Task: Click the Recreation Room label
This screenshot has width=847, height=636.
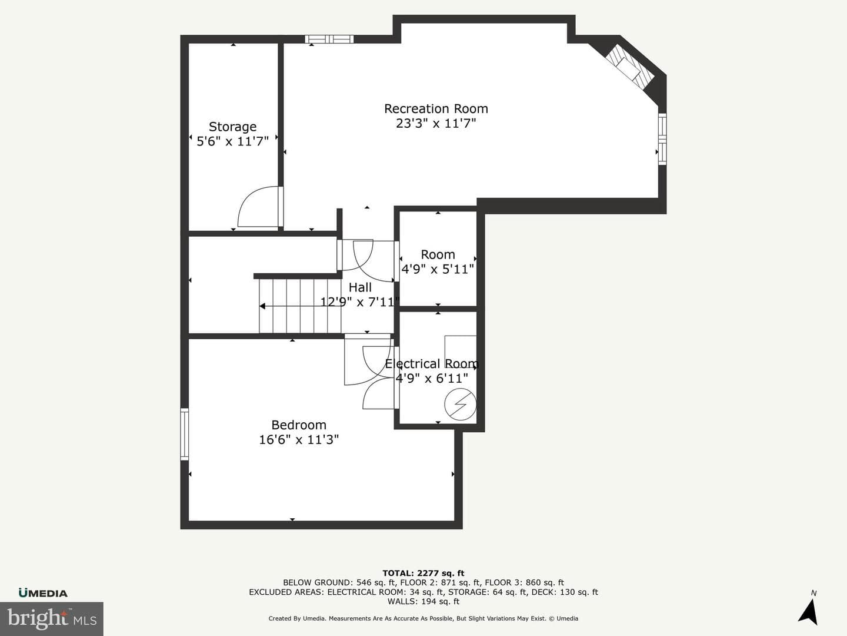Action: [x=436, y=109]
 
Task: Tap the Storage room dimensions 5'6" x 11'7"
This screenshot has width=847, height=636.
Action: [x=233, y=141]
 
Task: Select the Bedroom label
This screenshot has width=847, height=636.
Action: [x=299, y=425]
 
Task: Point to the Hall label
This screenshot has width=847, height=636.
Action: [x=360, y=287]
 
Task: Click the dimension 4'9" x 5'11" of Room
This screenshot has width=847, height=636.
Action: [x=438, y=269]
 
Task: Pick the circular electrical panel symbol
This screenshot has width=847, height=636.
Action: [x=460, y=405]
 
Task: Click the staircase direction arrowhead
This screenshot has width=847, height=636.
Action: [x=262, y=306]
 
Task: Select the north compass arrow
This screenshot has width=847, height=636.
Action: [x=808, y=611]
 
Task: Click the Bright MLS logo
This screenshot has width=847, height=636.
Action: [x=52, y=618]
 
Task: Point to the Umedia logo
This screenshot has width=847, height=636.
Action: [x=43, y=593]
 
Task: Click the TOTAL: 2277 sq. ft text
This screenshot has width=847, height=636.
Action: [x=423, y=573]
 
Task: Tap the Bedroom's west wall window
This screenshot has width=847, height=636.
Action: [x=185, y=434]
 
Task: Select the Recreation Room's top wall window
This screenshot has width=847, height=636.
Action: [x=329, y=39]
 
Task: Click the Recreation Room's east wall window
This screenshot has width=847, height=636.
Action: [x=662, y=139]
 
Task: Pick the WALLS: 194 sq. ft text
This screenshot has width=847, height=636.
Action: [x=423, y=601]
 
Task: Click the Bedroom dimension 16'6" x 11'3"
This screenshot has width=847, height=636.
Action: [x=299, y=440]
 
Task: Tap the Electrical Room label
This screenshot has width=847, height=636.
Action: [x=432, y=364]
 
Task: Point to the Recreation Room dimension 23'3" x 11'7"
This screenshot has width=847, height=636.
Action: [x=436, y=124]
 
